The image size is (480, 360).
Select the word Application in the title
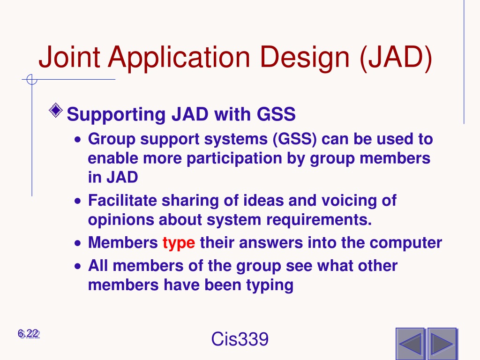click(179, 59)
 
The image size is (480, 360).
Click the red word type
click(179, 244)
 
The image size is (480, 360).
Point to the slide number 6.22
click(29, 334)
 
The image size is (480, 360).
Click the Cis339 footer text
click(240, 339)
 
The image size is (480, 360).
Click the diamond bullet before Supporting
click(56, 110)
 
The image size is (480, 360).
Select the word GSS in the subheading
click(276, 114)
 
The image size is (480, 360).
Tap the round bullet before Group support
click(78, 140)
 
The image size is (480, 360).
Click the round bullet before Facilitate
click(78, 202)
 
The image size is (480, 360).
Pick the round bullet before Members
click(78, 243)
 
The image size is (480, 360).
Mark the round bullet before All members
click(78, 266)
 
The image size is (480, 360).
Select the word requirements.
click(319, 220)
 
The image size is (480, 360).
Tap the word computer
click(406, 243)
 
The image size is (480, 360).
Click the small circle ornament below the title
click(32, 80)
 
